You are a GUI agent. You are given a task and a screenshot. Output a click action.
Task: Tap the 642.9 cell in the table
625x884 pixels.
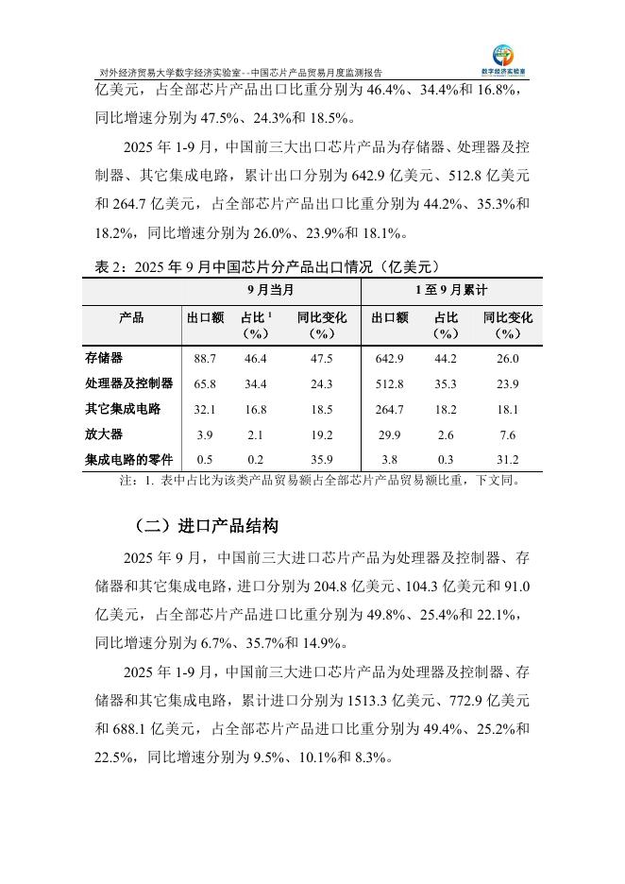tap(389, 359)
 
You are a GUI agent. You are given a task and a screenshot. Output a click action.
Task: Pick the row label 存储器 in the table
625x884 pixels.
tap(105, 359)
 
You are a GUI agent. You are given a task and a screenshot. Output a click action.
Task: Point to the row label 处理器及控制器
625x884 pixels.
tap(129, 383)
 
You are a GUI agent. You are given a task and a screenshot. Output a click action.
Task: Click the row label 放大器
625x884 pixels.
tap(105, 434)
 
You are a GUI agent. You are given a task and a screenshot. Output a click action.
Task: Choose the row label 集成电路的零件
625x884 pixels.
tap(129, 460)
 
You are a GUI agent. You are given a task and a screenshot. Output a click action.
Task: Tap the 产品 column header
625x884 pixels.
tap(131, 318)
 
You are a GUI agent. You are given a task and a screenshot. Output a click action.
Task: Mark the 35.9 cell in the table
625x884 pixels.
tap(321, 460)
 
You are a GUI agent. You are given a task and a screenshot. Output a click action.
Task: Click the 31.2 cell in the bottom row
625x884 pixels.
tap(507, 460)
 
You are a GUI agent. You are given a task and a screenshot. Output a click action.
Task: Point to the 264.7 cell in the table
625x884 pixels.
tap(389, 409)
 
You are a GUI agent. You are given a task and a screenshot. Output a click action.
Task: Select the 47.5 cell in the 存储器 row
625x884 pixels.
tap(321, 359)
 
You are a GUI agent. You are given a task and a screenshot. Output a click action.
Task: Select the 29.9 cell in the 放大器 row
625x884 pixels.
tap(389, 434)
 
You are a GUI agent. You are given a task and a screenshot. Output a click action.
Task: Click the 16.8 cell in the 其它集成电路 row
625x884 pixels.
tap(255, 409)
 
